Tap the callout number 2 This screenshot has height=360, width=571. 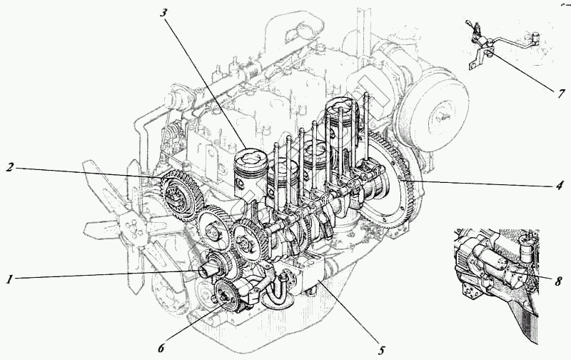coord(10,167)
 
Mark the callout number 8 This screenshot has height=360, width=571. coord(560,279)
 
